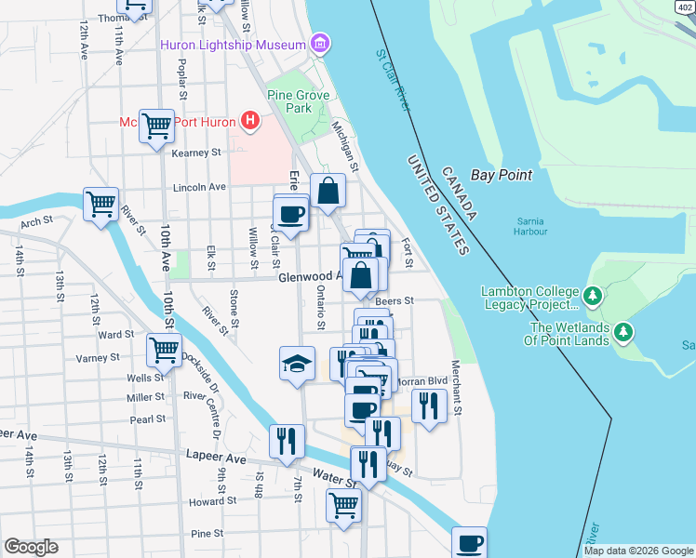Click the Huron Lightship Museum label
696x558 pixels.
pyautogui.click(x=233, y=45)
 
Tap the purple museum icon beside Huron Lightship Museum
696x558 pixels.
pyautogui.click(x=320, y=44)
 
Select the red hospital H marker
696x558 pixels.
pyautogui.click(x=248, y=120)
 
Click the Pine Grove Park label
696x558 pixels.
pyautogui.click(x=288, y=101)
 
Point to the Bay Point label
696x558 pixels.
pyautogui.click(x=502, y=175)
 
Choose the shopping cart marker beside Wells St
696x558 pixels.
pyautogui.click(x=164, y=350)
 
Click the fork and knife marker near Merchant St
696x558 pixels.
pyautogui.click(x=428, y=405)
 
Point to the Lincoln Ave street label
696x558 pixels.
pyautogui.click(x=200, y=187)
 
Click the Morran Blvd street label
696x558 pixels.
pyautogui.click(x=423, y=381)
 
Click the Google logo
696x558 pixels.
pyautogui.click(x=31, y=547)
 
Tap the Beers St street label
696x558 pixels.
pyautogui.click(x=395, y=301)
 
